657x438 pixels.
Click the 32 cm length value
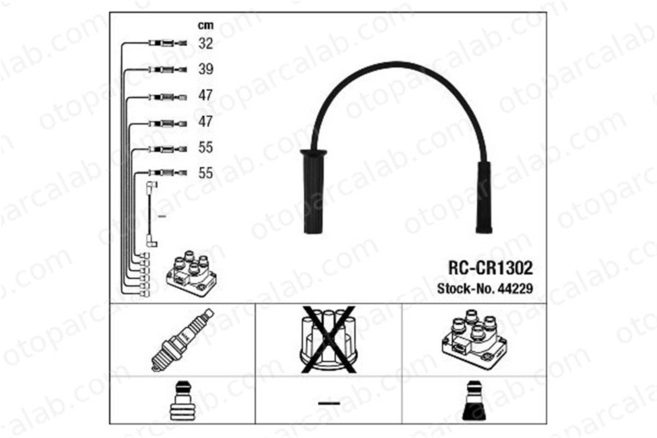pos(206,43)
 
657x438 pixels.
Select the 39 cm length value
pos(206,69)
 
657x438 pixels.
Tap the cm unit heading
pos(206,25)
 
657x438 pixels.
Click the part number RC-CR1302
pos(490,268)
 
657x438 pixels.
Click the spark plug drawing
pos(183,340)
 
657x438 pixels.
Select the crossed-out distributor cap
pos(328,339)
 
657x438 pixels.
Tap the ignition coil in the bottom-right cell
pos(474,337)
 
